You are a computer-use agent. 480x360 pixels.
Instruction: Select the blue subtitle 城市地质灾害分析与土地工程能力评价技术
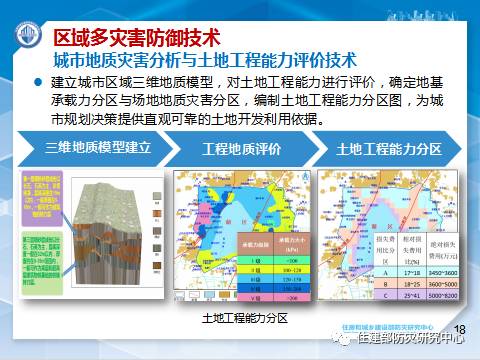click(x=204, y=60)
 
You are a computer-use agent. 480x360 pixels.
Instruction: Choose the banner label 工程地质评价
click(x=241, y=149)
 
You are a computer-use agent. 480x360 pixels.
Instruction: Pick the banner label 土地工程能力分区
click(x=389, y=149)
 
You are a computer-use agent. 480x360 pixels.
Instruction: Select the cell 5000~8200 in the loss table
click(x=441, y=297)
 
